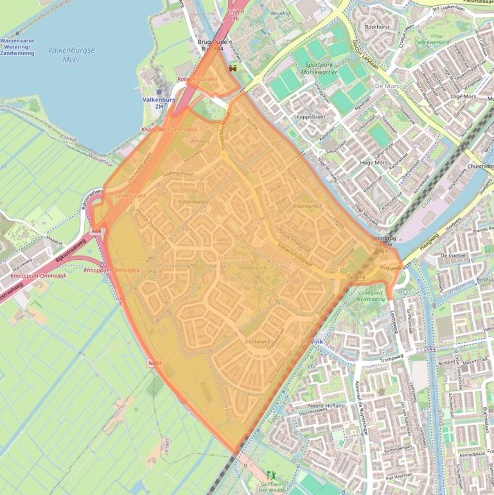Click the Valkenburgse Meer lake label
71,54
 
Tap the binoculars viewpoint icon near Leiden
233,68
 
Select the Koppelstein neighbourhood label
311,118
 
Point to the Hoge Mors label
374,163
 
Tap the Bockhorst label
377,27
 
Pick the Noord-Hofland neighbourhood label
326,406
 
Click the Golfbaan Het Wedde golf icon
270,476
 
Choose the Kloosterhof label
307,206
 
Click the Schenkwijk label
193,201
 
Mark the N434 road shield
155,363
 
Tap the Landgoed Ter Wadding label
371,295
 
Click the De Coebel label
452,255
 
